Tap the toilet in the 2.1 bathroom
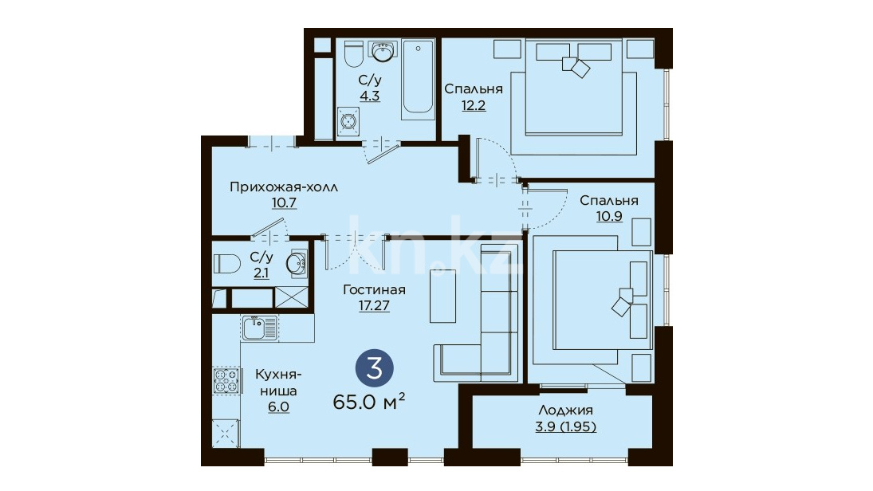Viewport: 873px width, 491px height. click(x=226, y=263)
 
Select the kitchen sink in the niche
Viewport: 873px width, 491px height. click(x=260, y=328)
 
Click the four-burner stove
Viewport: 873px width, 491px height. click(x=226, y=381)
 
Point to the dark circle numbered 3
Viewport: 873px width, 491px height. click(x=375, y=368)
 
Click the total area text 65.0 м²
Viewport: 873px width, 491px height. click(x=368, y=402)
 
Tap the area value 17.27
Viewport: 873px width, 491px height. click(x=374, y=305)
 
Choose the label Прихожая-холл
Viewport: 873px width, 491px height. click(x=284, y=187)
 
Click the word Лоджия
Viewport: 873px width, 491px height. click(x=565, y=410)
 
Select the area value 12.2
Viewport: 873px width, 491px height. click(x=474, y=104)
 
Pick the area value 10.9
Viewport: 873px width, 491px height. click(x=609, y=216)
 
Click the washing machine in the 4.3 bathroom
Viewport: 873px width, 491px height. click(x=348, y=122)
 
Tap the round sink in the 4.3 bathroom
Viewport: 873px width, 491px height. click(x=383, y=52)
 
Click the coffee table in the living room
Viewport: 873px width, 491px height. click(x=442, y=297)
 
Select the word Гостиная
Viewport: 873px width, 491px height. click(x=374, y=290)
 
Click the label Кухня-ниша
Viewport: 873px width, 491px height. click(x=278, y=383)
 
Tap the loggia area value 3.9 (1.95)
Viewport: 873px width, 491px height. click(x=566, y=426)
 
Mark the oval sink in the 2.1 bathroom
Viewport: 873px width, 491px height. click(x=296, y=263)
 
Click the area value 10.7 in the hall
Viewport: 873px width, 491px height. click(x=284, y=202)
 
